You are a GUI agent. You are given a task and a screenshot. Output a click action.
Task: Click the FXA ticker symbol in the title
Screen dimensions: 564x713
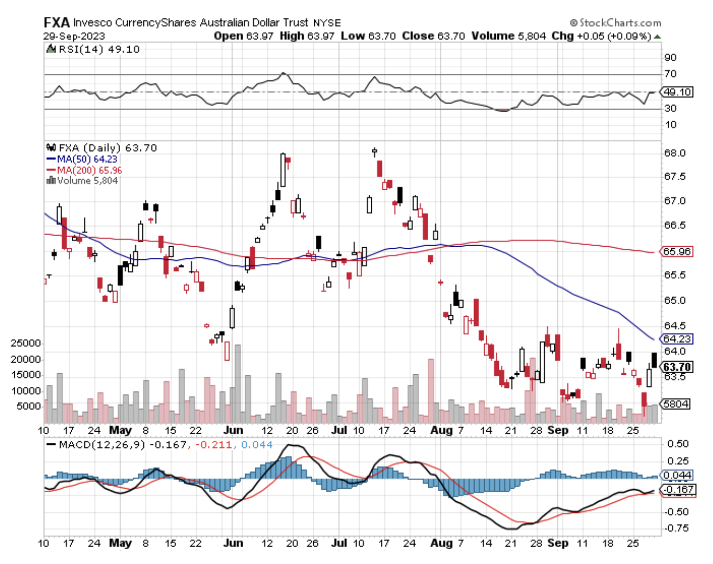[x=56, y=23]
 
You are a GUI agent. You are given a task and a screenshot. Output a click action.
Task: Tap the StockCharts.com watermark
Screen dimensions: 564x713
[x=615, y=23]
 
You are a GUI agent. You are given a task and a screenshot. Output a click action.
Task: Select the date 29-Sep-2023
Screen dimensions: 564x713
[x=74, y=36]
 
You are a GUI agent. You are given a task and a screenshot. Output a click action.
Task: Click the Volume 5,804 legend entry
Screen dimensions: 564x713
[x=83, y=180]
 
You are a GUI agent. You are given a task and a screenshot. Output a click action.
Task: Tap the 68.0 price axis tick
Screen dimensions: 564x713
[x=675, y=153]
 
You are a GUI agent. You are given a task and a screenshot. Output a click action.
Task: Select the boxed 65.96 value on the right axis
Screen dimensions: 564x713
[x=677, y=251]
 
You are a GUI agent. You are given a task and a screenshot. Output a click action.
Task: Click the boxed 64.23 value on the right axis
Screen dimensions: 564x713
[x=677, y=339]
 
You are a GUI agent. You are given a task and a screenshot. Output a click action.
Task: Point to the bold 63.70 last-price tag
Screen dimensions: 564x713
[x=677, y=367]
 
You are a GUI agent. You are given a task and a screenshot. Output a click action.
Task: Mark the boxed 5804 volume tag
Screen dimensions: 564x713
[x=676, y=404]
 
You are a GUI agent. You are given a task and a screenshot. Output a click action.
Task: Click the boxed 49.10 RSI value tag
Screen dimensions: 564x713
[x=677, y=92]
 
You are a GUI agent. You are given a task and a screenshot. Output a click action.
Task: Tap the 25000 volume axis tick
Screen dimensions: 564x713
[x=26, y=343]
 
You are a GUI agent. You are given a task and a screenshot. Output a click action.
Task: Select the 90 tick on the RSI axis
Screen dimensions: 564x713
[x=670, y=57]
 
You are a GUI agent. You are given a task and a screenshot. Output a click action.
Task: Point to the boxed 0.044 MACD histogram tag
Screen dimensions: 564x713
[x=677, y=475]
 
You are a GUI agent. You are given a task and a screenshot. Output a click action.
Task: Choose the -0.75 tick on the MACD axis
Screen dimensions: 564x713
[x=676, y=528]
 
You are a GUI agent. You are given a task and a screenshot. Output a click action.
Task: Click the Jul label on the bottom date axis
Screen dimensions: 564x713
[x=339, y=542]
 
